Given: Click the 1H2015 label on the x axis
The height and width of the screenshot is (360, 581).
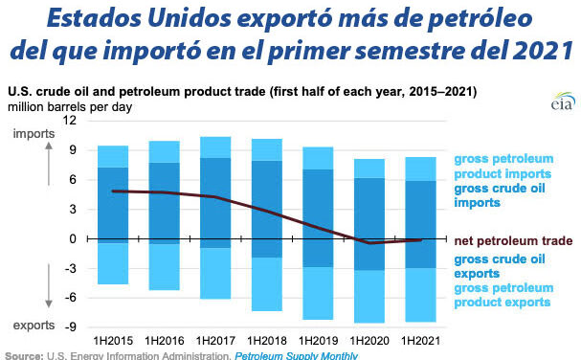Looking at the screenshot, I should (113, 340).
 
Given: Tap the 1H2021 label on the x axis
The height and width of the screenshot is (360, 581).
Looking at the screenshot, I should (422, 340).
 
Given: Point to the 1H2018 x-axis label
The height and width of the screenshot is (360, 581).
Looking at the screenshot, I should (268, 340).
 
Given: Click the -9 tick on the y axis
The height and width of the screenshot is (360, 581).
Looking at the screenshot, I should (68, 326).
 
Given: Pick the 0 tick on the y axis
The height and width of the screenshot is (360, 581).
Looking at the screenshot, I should (72, 238).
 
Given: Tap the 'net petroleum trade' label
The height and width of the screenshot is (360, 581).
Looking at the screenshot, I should (514, 239).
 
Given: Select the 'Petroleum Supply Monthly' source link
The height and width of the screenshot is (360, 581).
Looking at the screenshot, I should (295, 355).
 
